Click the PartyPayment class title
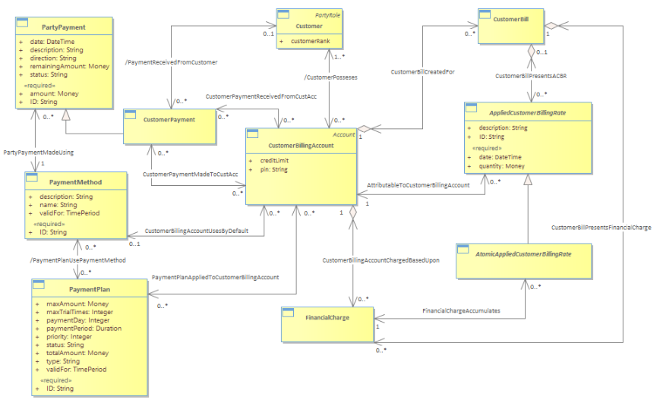[65, 28]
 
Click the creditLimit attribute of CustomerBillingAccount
[276, 161]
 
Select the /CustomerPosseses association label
[330, 77]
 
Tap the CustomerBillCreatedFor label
[422, 71]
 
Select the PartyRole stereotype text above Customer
[328, 14]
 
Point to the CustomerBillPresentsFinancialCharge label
[601, 227]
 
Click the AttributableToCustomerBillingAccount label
[418, 184]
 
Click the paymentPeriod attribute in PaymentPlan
[84, 329]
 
